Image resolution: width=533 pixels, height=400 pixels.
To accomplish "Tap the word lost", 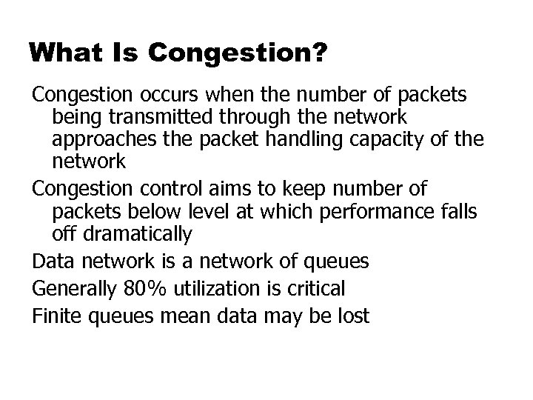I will click(x=352, y=315).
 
